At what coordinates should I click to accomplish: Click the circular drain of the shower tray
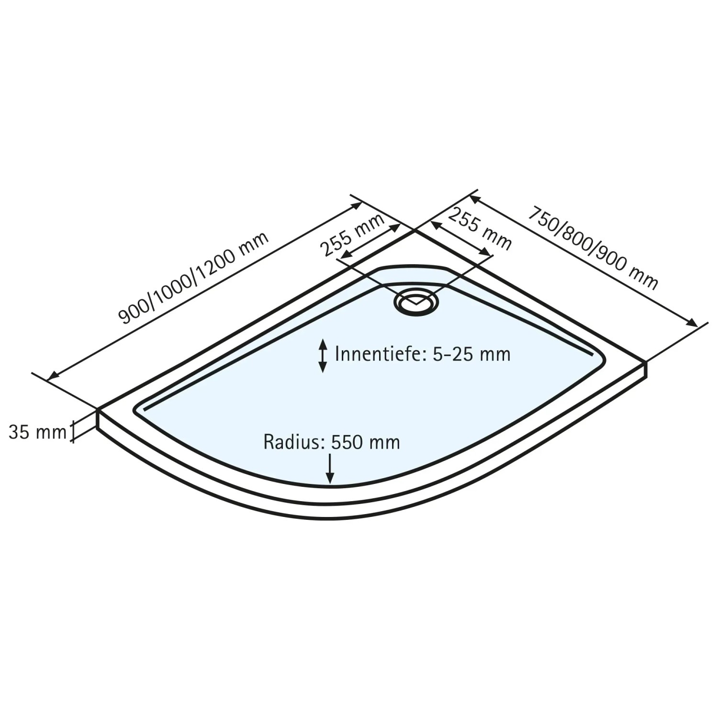(416, 303)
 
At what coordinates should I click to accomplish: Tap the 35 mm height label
(37, 432)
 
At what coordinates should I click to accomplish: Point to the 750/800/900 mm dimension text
(593, 248)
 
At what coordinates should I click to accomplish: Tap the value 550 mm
(365, 442)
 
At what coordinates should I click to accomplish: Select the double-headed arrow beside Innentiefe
(323, 355)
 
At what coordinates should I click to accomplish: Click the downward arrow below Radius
(330, 468)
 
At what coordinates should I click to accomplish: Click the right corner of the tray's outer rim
(646, 362)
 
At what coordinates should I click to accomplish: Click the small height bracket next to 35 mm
(73, 431)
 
